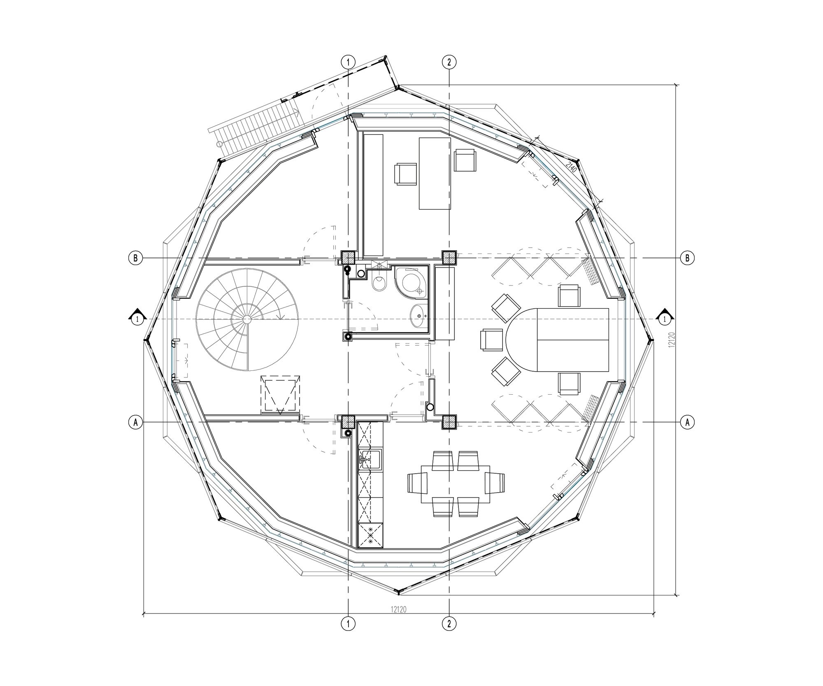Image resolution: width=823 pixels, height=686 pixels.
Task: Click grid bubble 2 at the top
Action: tap(449, 62)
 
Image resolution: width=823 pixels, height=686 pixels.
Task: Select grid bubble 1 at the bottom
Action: tap(348, 623)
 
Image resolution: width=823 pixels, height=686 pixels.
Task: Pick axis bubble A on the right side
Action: tap(687, 422)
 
